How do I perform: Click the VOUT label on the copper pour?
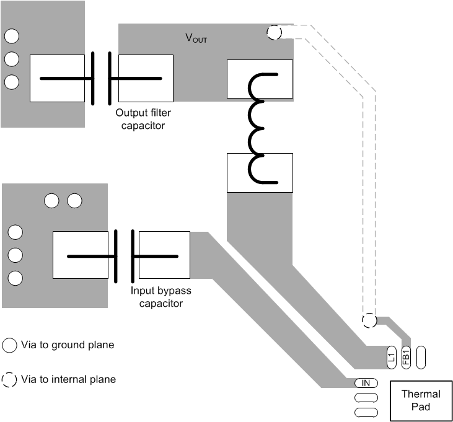point(196,38)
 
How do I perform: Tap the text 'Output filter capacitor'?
point(143,119)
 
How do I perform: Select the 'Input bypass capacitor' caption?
point(161,297)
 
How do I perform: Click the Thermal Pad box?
point(421,400)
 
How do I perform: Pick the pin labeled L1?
point(391,357)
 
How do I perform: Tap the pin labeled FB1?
point(407,357)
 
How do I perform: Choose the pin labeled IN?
point(366,383)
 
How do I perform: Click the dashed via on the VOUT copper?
point(273,33)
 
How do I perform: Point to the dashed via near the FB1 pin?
point(369,320)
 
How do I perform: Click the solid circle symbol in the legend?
point(10,345)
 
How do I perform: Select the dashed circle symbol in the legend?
point(10,379)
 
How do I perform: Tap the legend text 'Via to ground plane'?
point(68,345)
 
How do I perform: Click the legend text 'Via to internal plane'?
point(68,379)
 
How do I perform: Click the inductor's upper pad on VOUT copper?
point(260,79)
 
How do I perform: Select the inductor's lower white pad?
point(260,174)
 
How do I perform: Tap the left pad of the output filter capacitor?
point(57,79)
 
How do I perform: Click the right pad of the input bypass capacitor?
point(164,255)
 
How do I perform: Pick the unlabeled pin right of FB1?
point(421,357)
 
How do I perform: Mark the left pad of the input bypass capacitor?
point(81,255)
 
